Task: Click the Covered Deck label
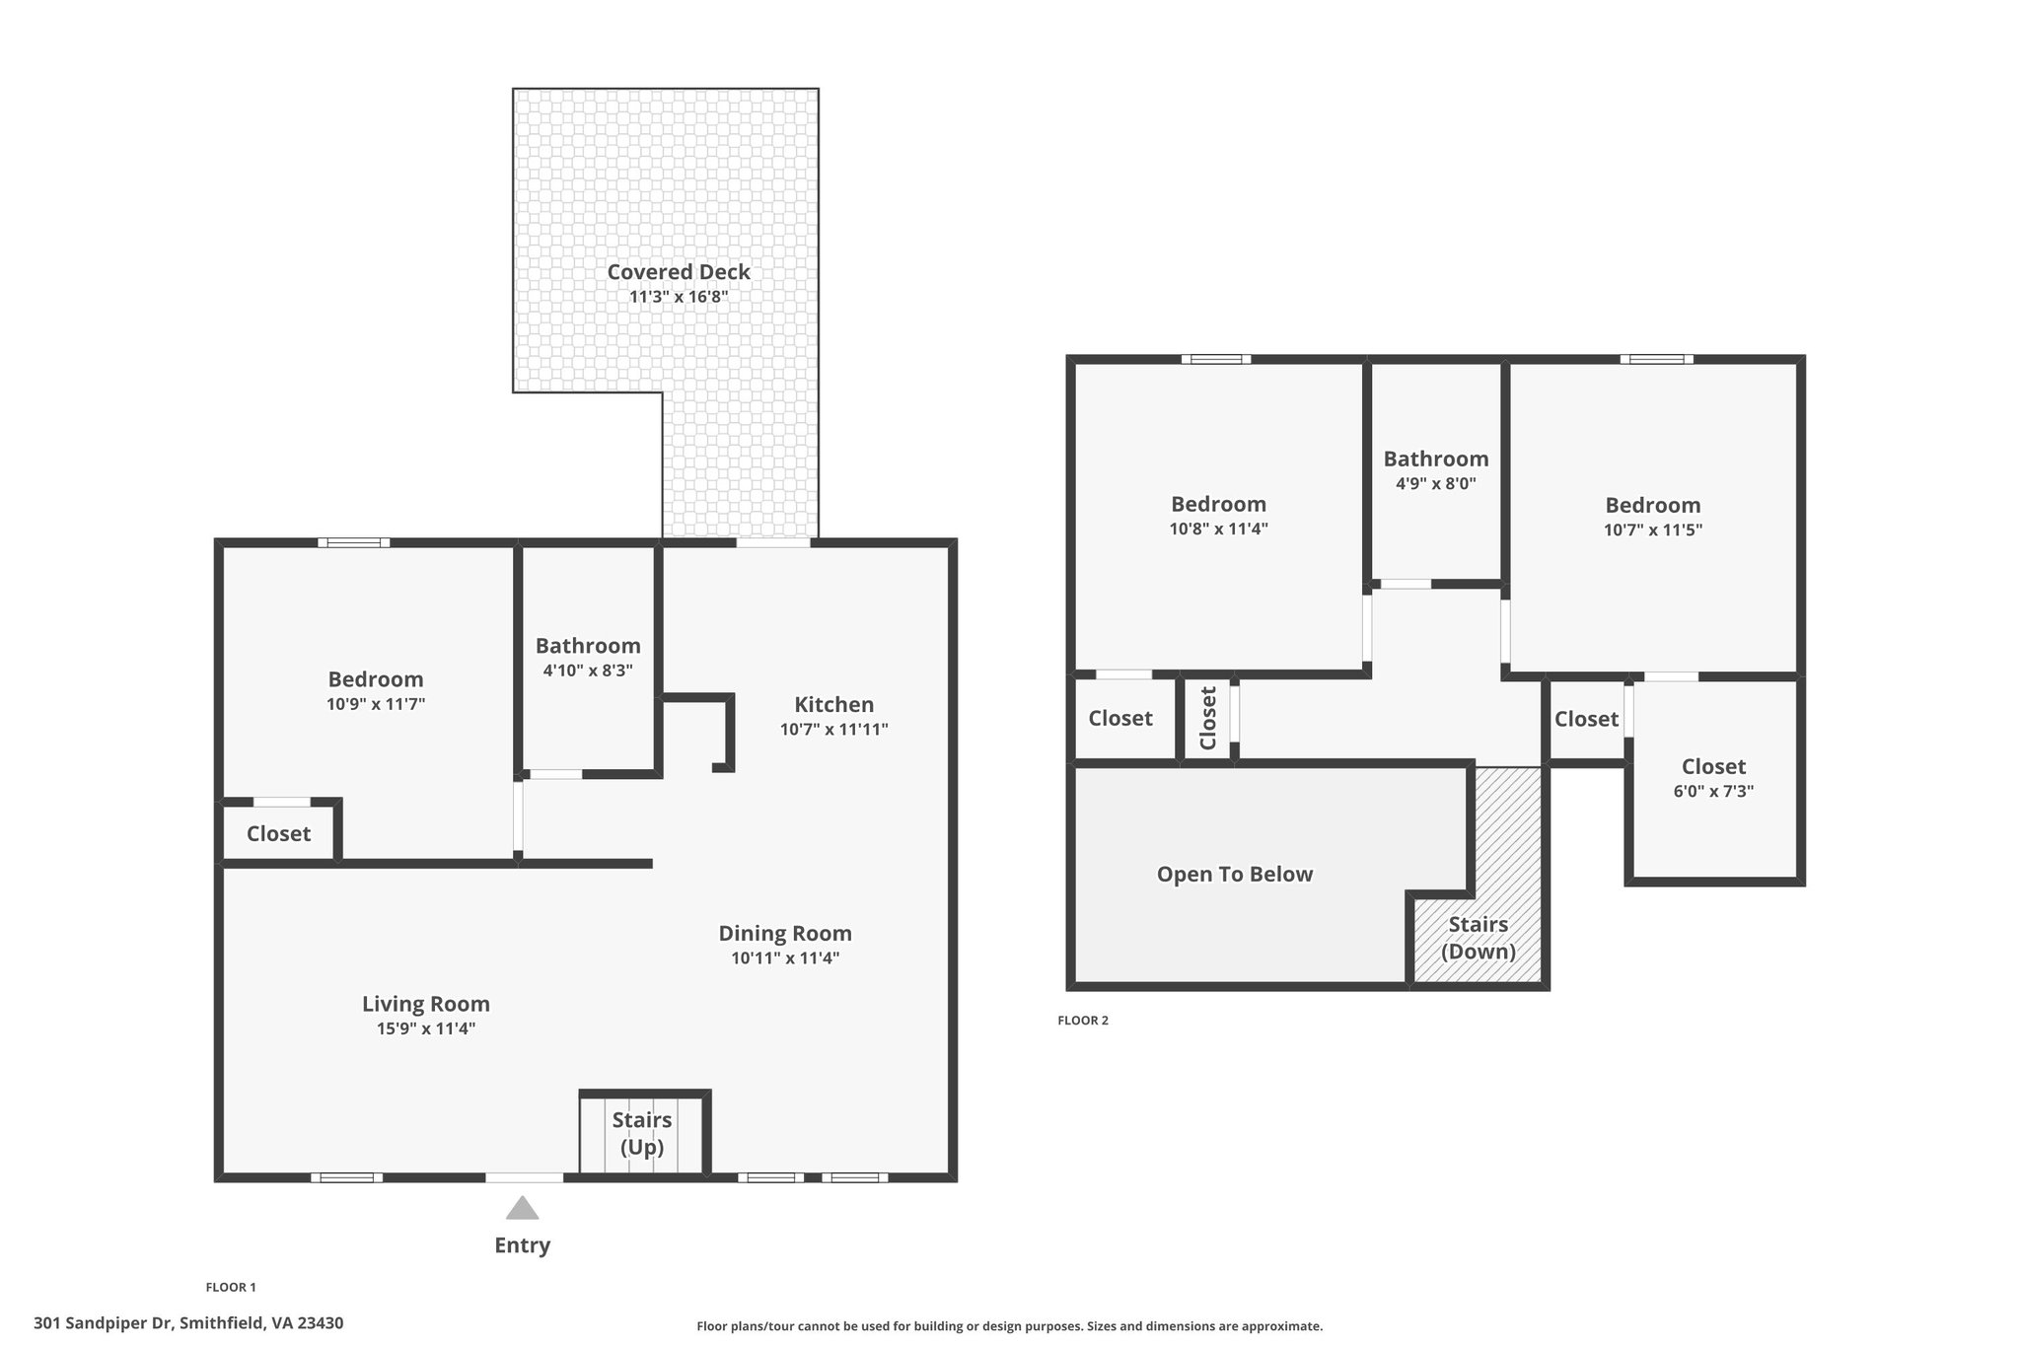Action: (679, 272)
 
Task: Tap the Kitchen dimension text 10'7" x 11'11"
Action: (834, 730)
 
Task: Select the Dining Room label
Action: (785, 934)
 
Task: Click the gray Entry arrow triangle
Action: (523, 1208)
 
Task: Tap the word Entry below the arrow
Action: (523, 1245)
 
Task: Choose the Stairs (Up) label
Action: (642, 1134)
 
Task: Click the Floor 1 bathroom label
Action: (588, 646)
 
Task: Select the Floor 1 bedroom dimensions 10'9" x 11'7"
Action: (376, 704)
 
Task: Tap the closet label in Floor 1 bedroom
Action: (278, 834)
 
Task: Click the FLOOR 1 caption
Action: (231, 1287)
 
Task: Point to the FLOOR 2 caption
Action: (1083, 1021)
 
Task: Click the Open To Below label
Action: (1235, 875)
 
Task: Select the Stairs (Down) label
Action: (1479, 938)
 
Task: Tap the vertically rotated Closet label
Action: (1208, 718)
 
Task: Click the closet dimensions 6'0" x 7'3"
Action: (1713, 791)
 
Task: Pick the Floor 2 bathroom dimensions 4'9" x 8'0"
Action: (1436, 484)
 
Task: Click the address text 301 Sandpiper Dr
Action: (104, 1323)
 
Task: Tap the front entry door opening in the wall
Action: (525, 1177)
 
